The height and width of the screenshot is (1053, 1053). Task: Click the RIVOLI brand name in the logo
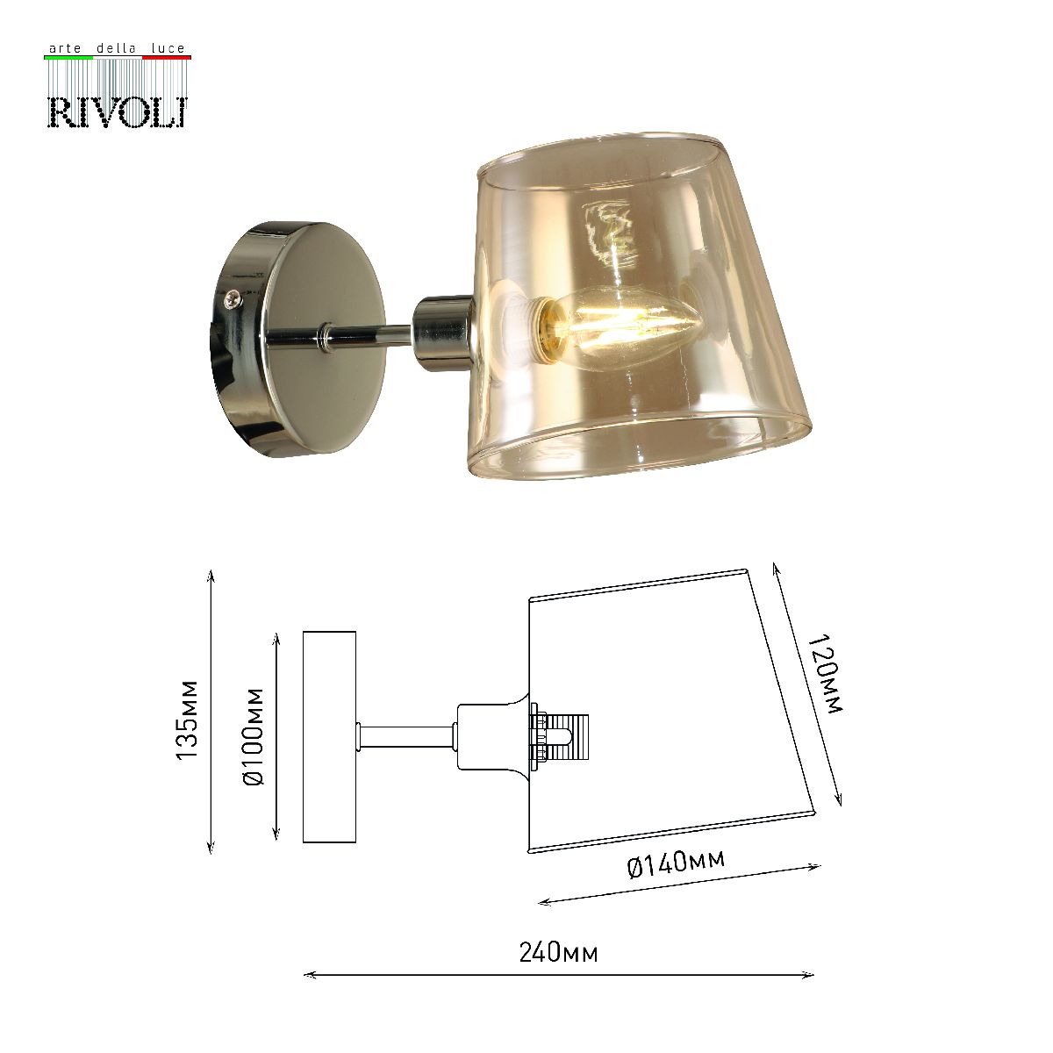(x=117, y=111)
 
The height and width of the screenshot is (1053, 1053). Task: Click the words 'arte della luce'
(x=117, y=48)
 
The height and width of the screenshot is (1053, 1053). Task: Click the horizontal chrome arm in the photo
(x=369, y=334)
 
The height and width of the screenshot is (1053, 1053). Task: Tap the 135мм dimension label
(x=187, y=720)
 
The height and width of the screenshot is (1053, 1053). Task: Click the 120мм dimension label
(x=825, y=676)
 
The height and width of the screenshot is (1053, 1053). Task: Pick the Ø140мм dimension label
(x=676, y=864)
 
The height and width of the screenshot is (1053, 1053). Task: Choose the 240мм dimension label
(x=558, y=952)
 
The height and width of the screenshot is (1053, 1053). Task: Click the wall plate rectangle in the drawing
(x=329, y=736)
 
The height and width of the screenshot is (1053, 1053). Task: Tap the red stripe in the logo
(x=166, y=57)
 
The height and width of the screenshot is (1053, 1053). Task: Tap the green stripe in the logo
(x=68, y=57)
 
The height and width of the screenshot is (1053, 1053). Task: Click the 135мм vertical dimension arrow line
(x=211, y=711)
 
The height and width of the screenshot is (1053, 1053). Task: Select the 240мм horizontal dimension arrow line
(x=558, y=975)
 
